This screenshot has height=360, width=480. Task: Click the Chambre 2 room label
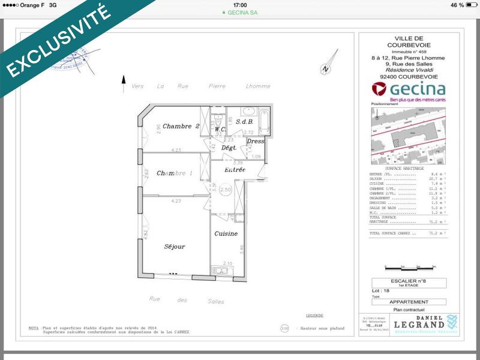pyautogui.click(x=181, y=126)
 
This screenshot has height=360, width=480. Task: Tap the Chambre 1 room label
pyautogui.click(x=175, y=173)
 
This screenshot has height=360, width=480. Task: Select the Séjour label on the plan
pyautogui.click(x=175, y=247)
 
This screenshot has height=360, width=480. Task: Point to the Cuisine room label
pyautogui.click(x=226, y=233)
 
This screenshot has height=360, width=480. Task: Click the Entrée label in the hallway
pyautogui.click(x=235, y=170)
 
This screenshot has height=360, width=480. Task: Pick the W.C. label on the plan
pyautogui.click(x=220, y=128)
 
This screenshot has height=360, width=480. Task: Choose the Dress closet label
pyautogui.click(x=256, y=142)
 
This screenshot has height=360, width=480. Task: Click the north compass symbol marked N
pyautogui.click(x=325, y=67)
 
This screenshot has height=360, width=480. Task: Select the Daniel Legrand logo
pyautogui.click(x=430, y=322)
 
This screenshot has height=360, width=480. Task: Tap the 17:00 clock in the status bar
pyautogui.click(x=239, y=4)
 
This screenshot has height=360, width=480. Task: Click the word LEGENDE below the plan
pyautogui.click(x=314, y=315)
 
